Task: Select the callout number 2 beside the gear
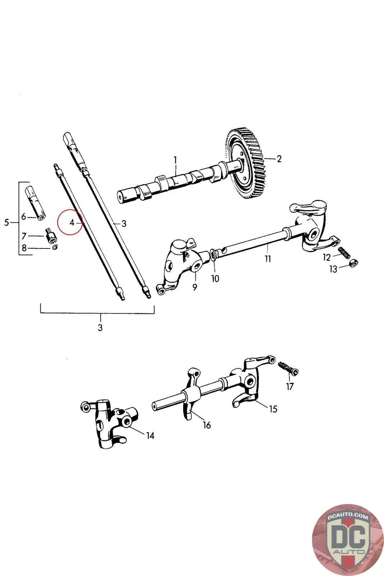279,159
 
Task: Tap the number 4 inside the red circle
72,222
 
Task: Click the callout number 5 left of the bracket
7,222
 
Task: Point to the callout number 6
24,217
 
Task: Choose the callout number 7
24,236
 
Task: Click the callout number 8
24,248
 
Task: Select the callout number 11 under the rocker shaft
268,258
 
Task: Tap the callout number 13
333,269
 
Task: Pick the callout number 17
290,386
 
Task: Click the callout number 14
150,435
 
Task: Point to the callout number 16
207,425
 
